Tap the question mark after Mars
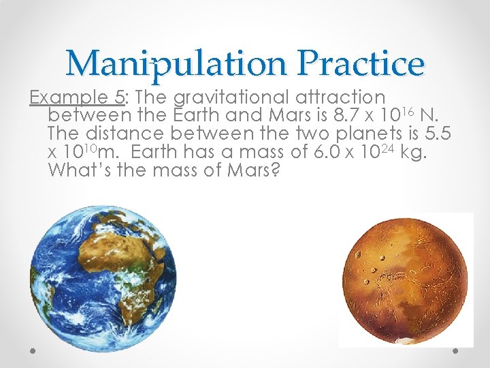coord(275,172)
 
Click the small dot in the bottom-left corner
coord(33,350)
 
